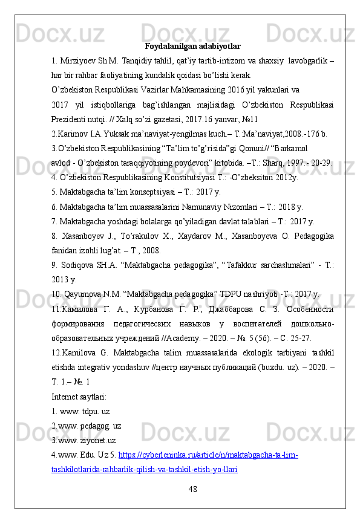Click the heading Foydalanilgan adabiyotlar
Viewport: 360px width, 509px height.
tap(192, 46)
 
